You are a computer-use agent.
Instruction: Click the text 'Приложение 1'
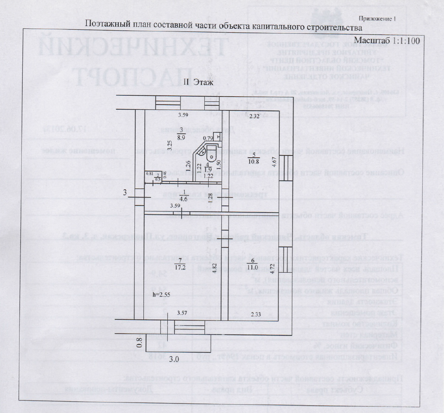[376, 19]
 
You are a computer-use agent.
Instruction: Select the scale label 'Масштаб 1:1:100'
[387, 41]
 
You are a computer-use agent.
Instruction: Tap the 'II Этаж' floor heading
[199, 83]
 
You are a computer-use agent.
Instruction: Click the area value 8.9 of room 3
[181, 138]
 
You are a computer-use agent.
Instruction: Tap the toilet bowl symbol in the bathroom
[211, 155]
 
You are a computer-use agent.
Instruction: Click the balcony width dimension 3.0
[174, 359]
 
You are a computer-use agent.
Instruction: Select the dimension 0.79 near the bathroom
[207, 138]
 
